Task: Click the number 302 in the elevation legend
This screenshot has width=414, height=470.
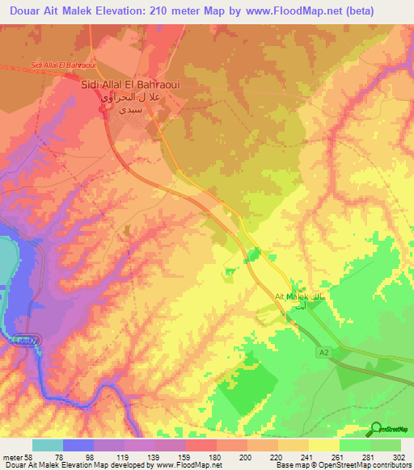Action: click(x=399, y=455)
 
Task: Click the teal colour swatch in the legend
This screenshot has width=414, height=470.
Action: click(x=48, y=445)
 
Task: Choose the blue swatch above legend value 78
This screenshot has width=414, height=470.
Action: click(x=78, y=445)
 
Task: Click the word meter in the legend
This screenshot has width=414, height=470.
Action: click(x=17, y=455)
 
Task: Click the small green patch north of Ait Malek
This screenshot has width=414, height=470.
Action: click(x=254, y=255)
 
